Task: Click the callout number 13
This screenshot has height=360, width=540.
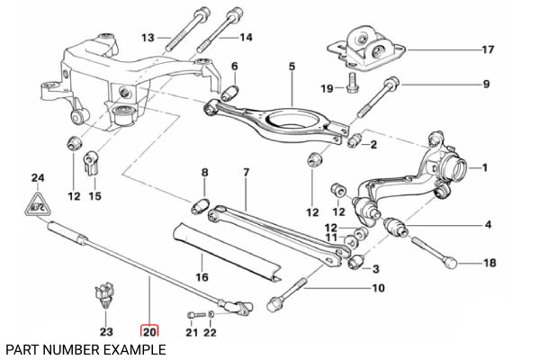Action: [148, 37]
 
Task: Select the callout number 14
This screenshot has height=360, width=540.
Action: [246, 37]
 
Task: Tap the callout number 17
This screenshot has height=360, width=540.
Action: [488, 49]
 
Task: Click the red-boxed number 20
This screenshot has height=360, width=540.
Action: [149, 332]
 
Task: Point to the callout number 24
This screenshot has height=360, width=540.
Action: [37, 178]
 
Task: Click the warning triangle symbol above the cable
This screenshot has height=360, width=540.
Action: [36, 206]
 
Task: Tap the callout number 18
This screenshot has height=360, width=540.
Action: [489, 263]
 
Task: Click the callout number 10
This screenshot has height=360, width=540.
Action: [377, 288]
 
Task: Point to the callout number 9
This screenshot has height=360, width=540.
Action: [485, 85]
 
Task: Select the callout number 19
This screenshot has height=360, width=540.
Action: [328, 88]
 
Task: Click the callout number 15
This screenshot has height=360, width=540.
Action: [94, 196]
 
